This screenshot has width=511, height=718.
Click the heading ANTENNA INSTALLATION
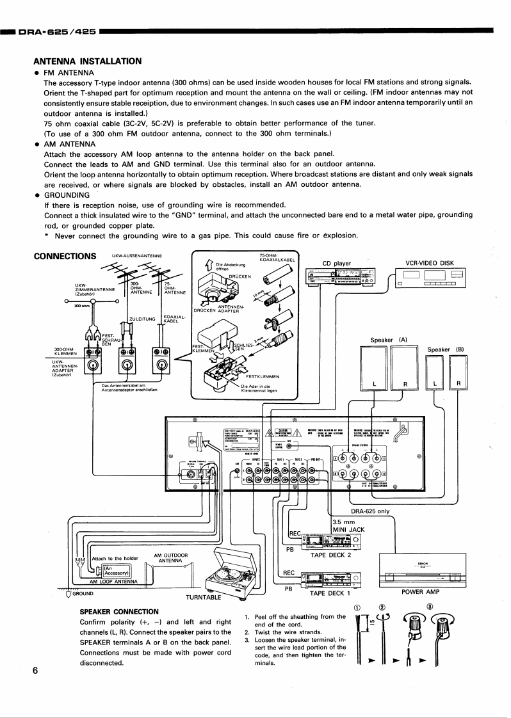(x=87, y=61)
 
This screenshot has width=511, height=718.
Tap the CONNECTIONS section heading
(x=64, y=257)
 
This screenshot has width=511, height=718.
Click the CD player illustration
(x=340, y=276)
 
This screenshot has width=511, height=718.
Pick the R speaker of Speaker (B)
(x=458, y=372)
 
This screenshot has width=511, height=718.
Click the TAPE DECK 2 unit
(x=330, y=540)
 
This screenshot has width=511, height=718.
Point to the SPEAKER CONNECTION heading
(x=118, y=612)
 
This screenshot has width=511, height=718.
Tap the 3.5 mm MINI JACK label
(x=348, y=525)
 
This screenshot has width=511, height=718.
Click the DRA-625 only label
(x=370, y=511)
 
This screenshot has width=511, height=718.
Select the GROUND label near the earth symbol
(x=82, y=593)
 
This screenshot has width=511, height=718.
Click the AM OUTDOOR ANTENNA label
(x=171, y=558)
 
